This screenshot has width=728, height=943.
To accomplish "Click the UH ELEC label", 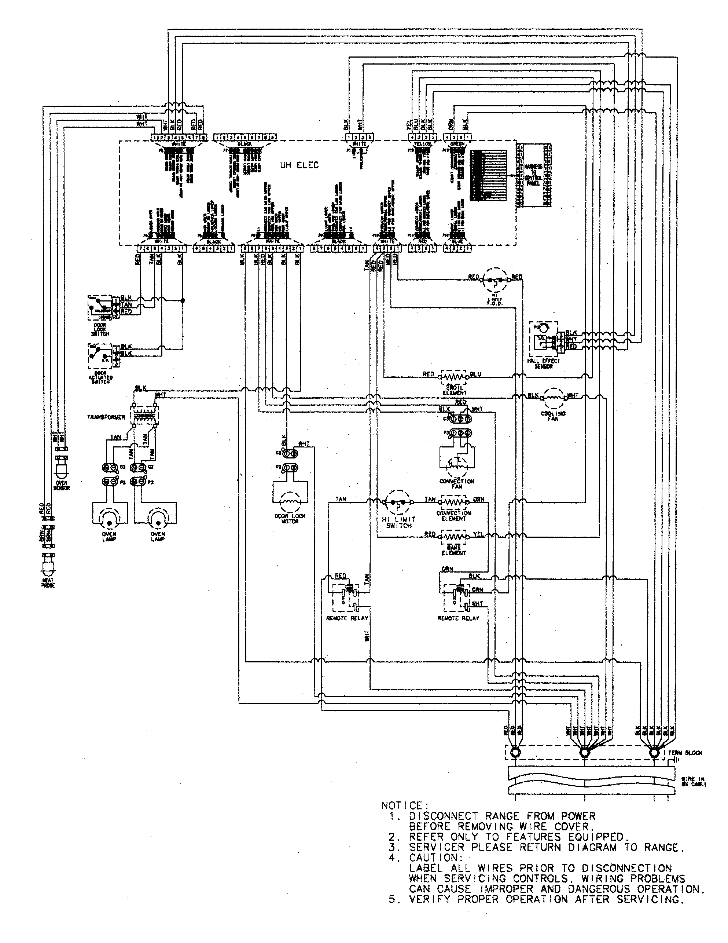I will coord(299,165).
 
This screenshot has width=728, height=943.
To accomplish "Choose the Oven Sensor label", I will coord(61,485).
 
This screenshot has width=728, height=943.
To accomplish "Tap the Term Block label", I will coord(686,753).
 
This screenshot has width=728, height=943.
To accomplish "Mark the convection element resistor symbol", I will coord(453,502).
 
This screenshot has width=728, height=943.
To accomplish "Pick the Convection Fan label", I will coord(457,483).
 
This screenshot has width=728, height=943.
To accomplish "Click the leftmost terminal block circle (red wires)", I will coord(515,753).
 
